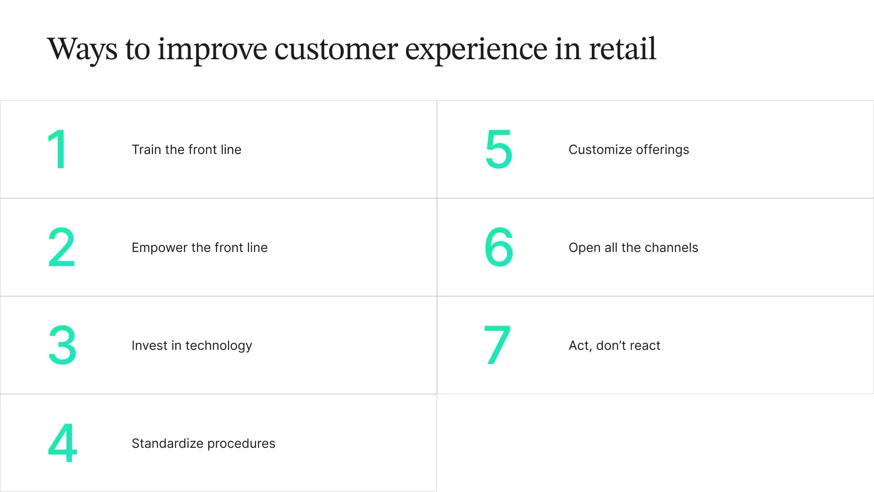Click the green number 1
tap(58, 149)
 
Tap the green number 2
tap(61, 247)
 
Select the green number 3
tap(62, 345)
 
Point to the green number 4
tap(62, 443)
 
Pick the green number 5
tap(499, 149)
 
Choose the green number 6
tap(499, 247)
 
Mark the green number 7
tap(497, 345)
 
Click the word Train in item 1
tap(146, 149)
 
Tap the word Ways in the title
tap(82, 49)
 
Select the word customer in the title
tap(336, 49)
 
